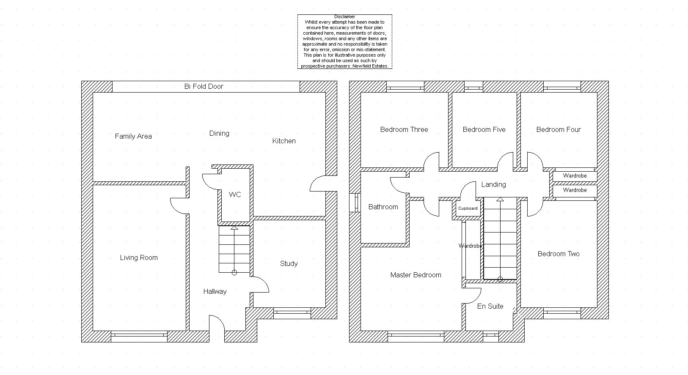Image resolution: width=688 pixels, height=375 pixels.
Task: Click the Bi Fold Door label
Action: coord(204,86)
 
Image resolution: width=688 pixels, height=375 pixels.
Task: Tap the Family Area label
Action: coord(133,136)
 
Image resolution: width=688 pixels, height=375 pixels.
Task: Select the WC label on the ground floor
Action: coord(235,194)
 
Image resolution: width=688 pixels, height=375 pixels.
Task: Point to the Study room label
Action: coord(289,263)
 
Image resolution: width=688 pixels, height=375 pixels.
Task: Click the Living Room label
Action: coord(139,257)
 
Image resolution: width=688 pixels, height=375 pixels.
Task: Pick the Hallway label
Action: coord(215,291)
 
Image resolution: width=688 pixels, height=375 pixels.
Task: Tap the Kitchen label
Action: coord(284,141)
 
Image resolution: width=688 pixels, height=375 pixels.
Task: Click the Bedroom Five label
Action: coord(484,129)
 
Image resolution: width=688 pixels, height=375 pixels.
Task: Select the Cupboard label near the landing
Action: coord(468,208)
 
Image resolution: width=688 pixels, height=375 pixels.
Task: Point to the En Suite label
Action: coord(490,306)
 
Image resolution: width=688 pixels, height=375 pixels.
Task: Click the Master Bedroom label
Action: coord(416,275)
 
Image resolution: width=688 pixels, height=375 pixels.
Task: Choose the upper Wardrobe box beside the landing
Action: coord(575,176)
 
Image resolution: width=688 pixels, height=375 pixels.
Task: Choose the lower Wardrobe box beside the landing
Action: coord(575,190)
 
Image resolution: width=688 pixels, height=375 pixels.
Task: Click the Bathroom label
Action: coord(383,207)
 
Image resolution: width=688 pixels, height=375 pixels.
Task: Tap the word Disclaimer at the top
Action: coord(344,17)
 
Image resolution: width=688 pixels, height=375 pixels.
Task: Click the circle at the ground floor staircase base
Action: coord(234,273)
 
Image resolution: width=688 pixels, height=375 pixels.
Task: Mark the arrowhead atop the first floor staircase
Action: coord(500,199)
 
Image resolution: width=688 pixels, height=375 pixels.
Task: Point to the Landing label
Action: coord(493,184)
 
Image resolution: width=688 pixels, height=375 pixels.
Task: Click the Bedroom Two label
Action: coord(559,254)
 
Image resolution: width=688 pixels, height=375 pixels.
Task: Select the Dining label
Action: coord(219,133)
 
